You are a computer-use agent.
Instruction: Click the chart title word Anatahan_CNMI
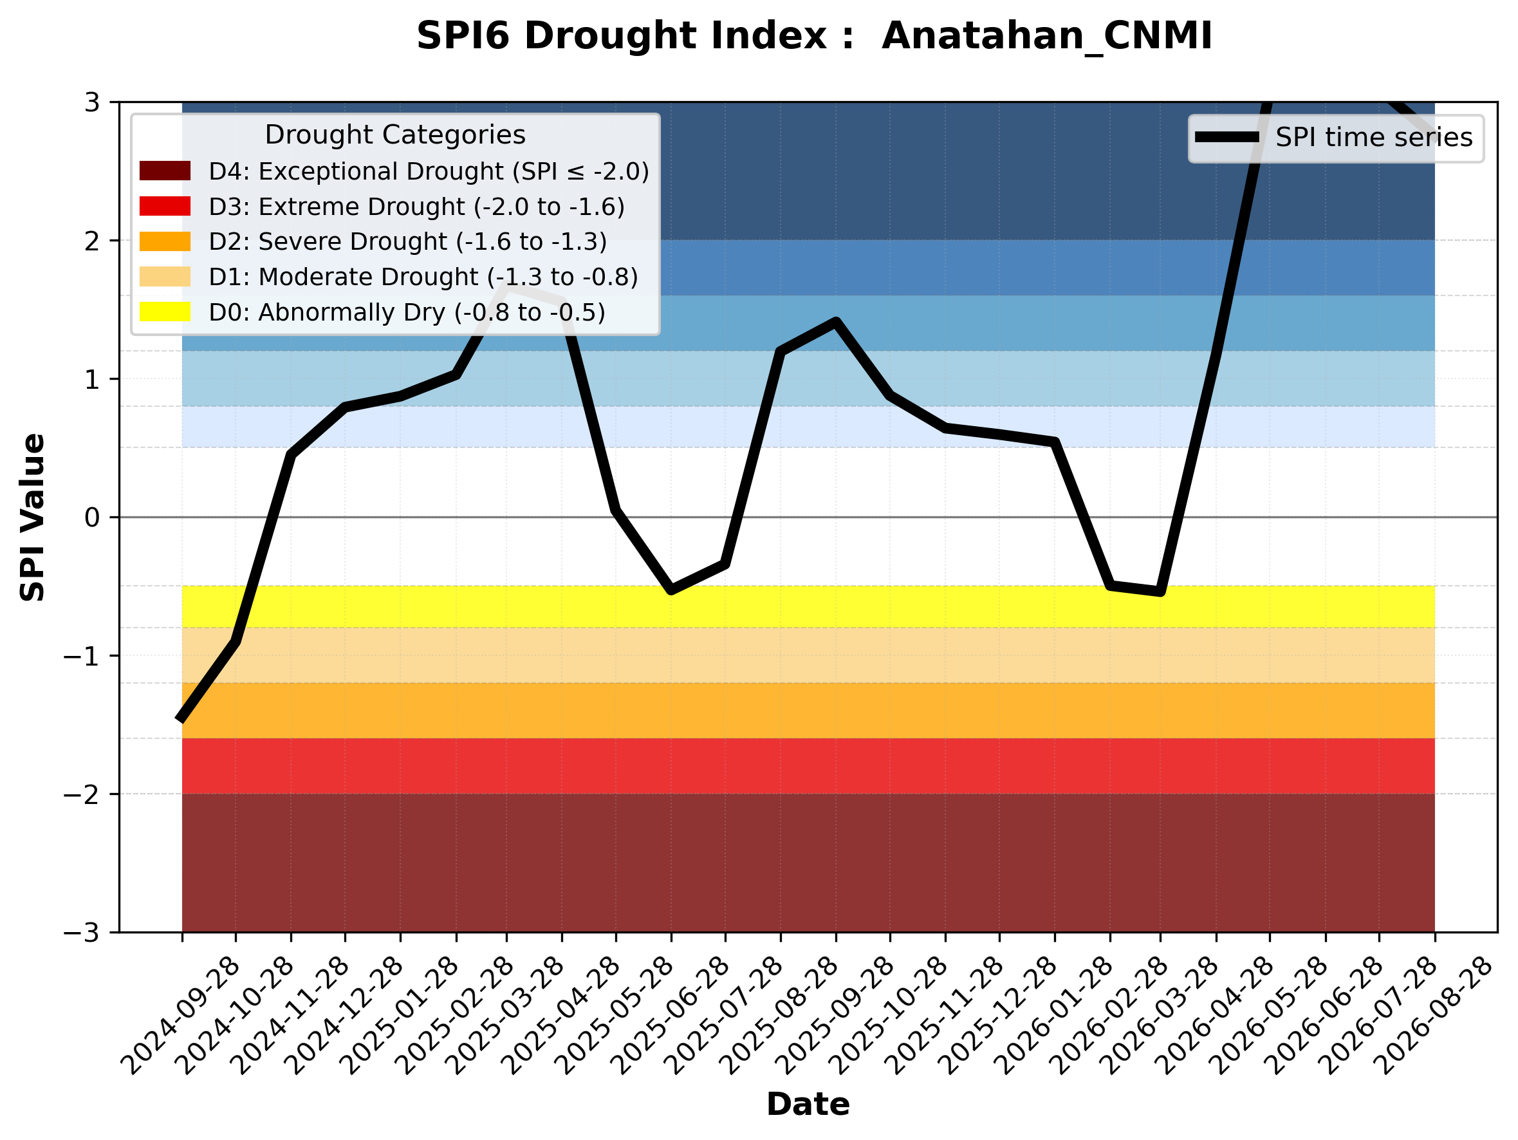click(x=1046, y=37)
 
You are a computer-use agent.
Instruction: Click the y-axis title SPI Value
click(x=32, y=518)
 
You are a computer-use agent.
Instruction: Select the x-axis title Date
click(x=808, y=1105)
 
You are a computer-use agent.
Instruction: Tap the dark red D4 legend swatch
click(x=165, y=171)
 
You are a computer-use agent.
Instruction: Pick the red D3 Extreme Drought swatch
click(x=165, y=206)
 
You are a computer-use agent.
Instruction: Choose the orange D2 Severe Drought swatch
click(x=165, y=241)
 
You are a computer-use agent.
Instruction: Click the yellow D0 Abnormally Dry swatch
click(x=165, y=312)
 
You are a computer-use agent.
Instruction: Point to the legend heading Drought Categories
click(x=395, y=135)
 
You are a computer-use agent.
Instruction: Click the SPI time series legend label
click(x=1374, y=138)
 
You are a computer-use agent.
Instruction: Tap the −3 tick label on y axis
click(x=82, y=933)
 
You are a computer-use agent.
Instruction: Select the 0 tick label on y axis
click(x=92, y=518)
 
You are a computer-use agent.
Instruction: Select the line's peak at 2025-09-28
click(x=836, y=321)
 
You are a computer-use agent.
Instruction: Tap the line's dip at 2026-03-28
click(x=1160, y=592)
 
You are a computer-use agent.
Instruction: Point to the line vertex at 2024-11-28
click(x=291, y=454)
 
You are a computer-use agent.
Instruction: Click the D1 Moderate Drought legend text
click(x=423, y=277)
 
